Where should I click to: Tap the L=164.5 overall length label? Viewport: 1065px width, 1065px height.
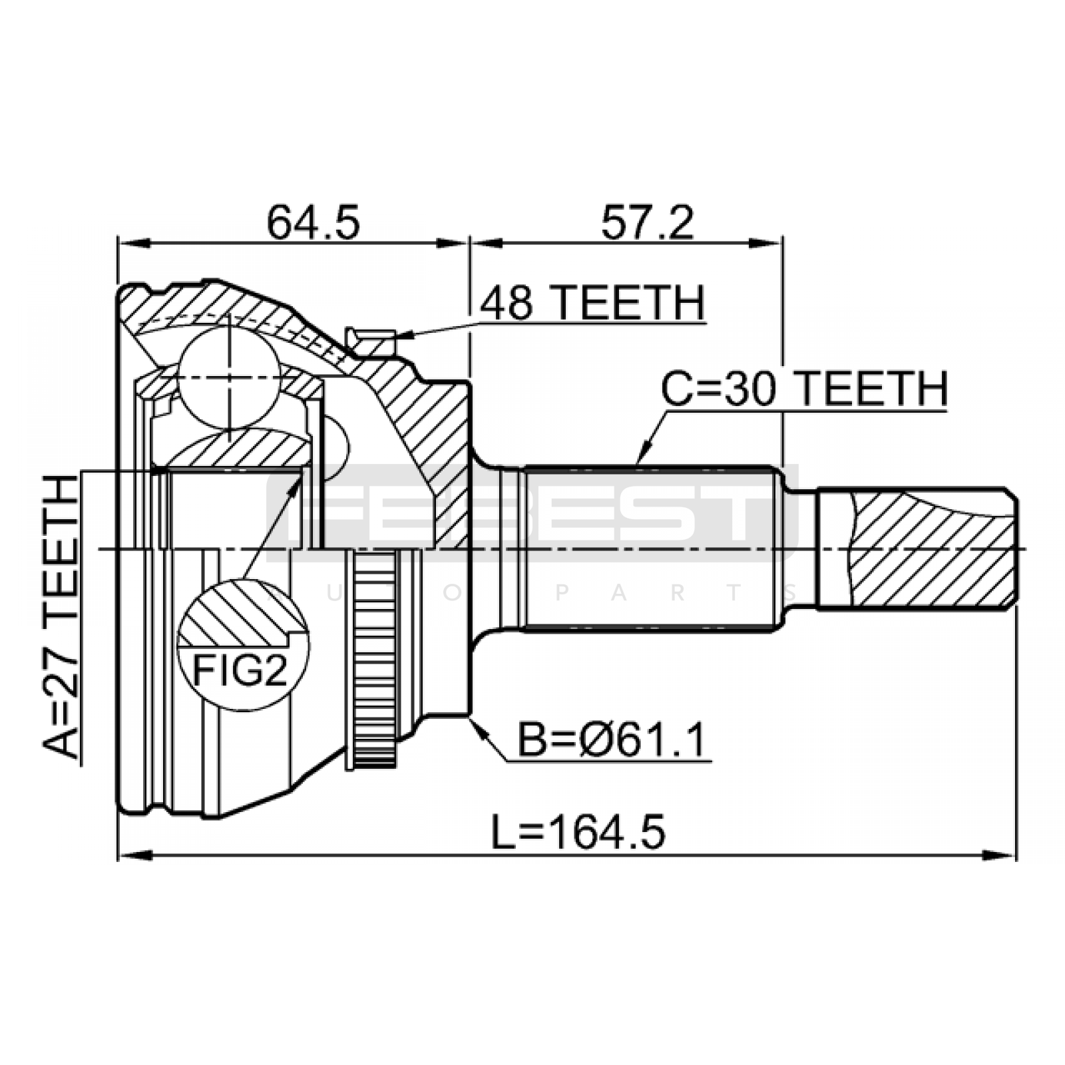coord(578,832)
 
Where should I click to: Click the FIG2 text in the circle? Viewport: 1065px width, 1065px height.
coord(240,670)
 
